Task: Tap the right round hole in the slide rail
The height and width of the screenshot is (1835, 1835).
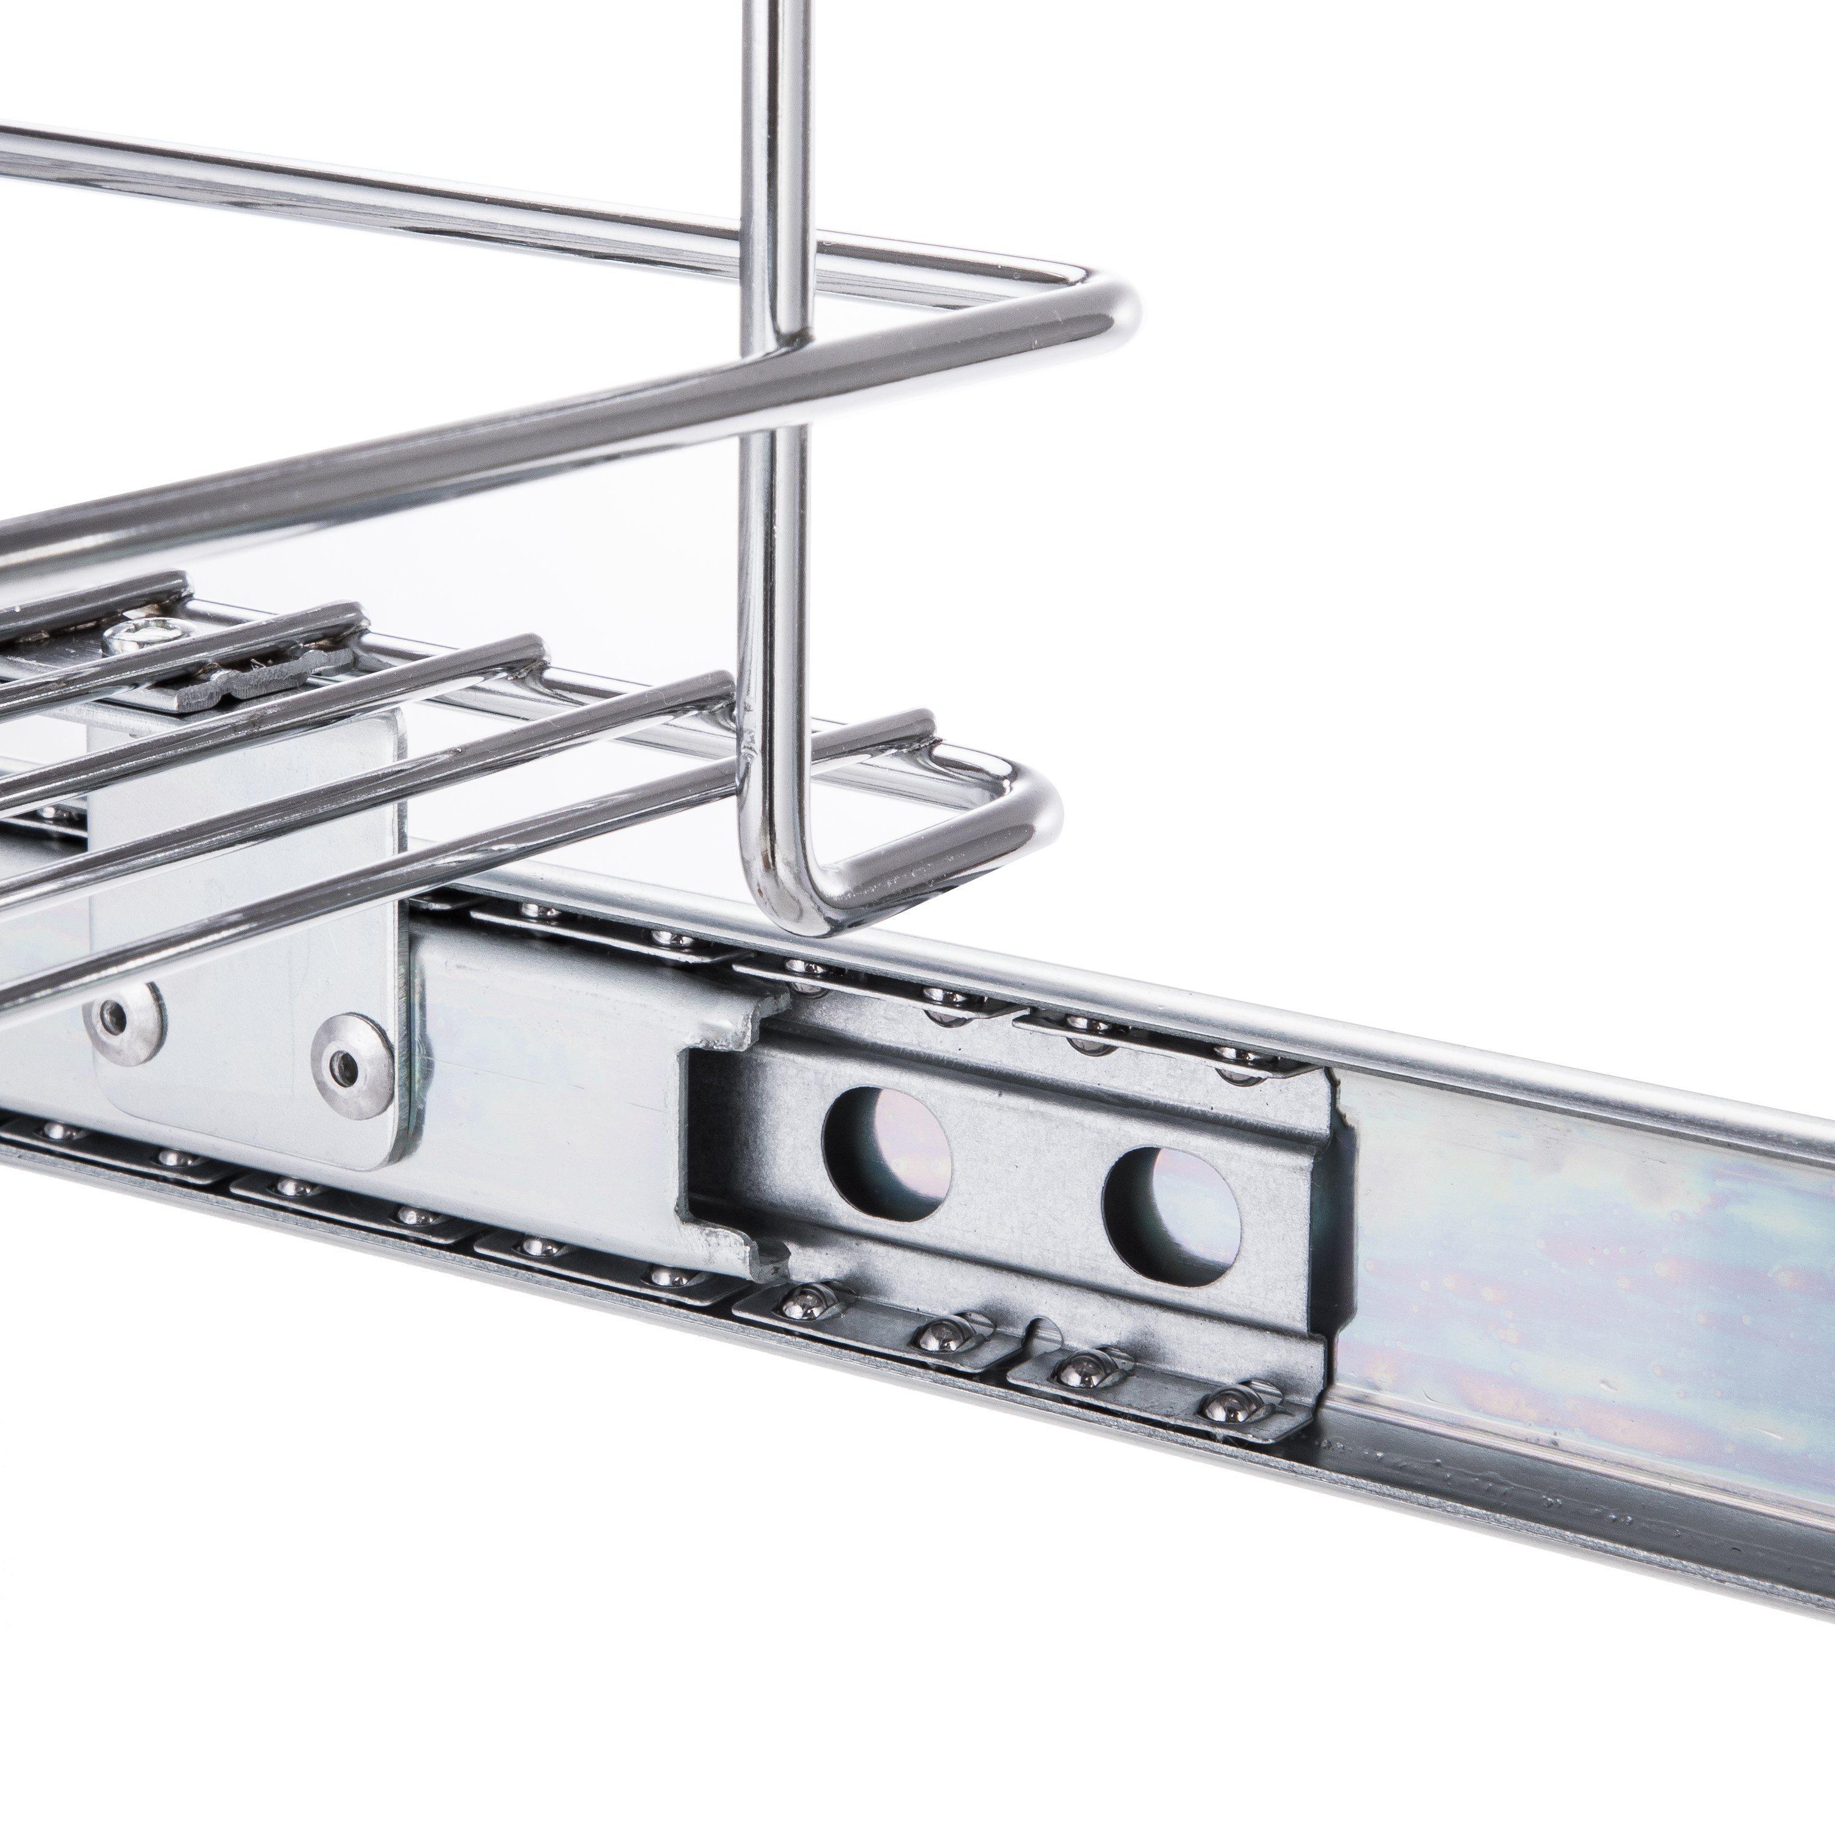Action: (x=1172, y=1212)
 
